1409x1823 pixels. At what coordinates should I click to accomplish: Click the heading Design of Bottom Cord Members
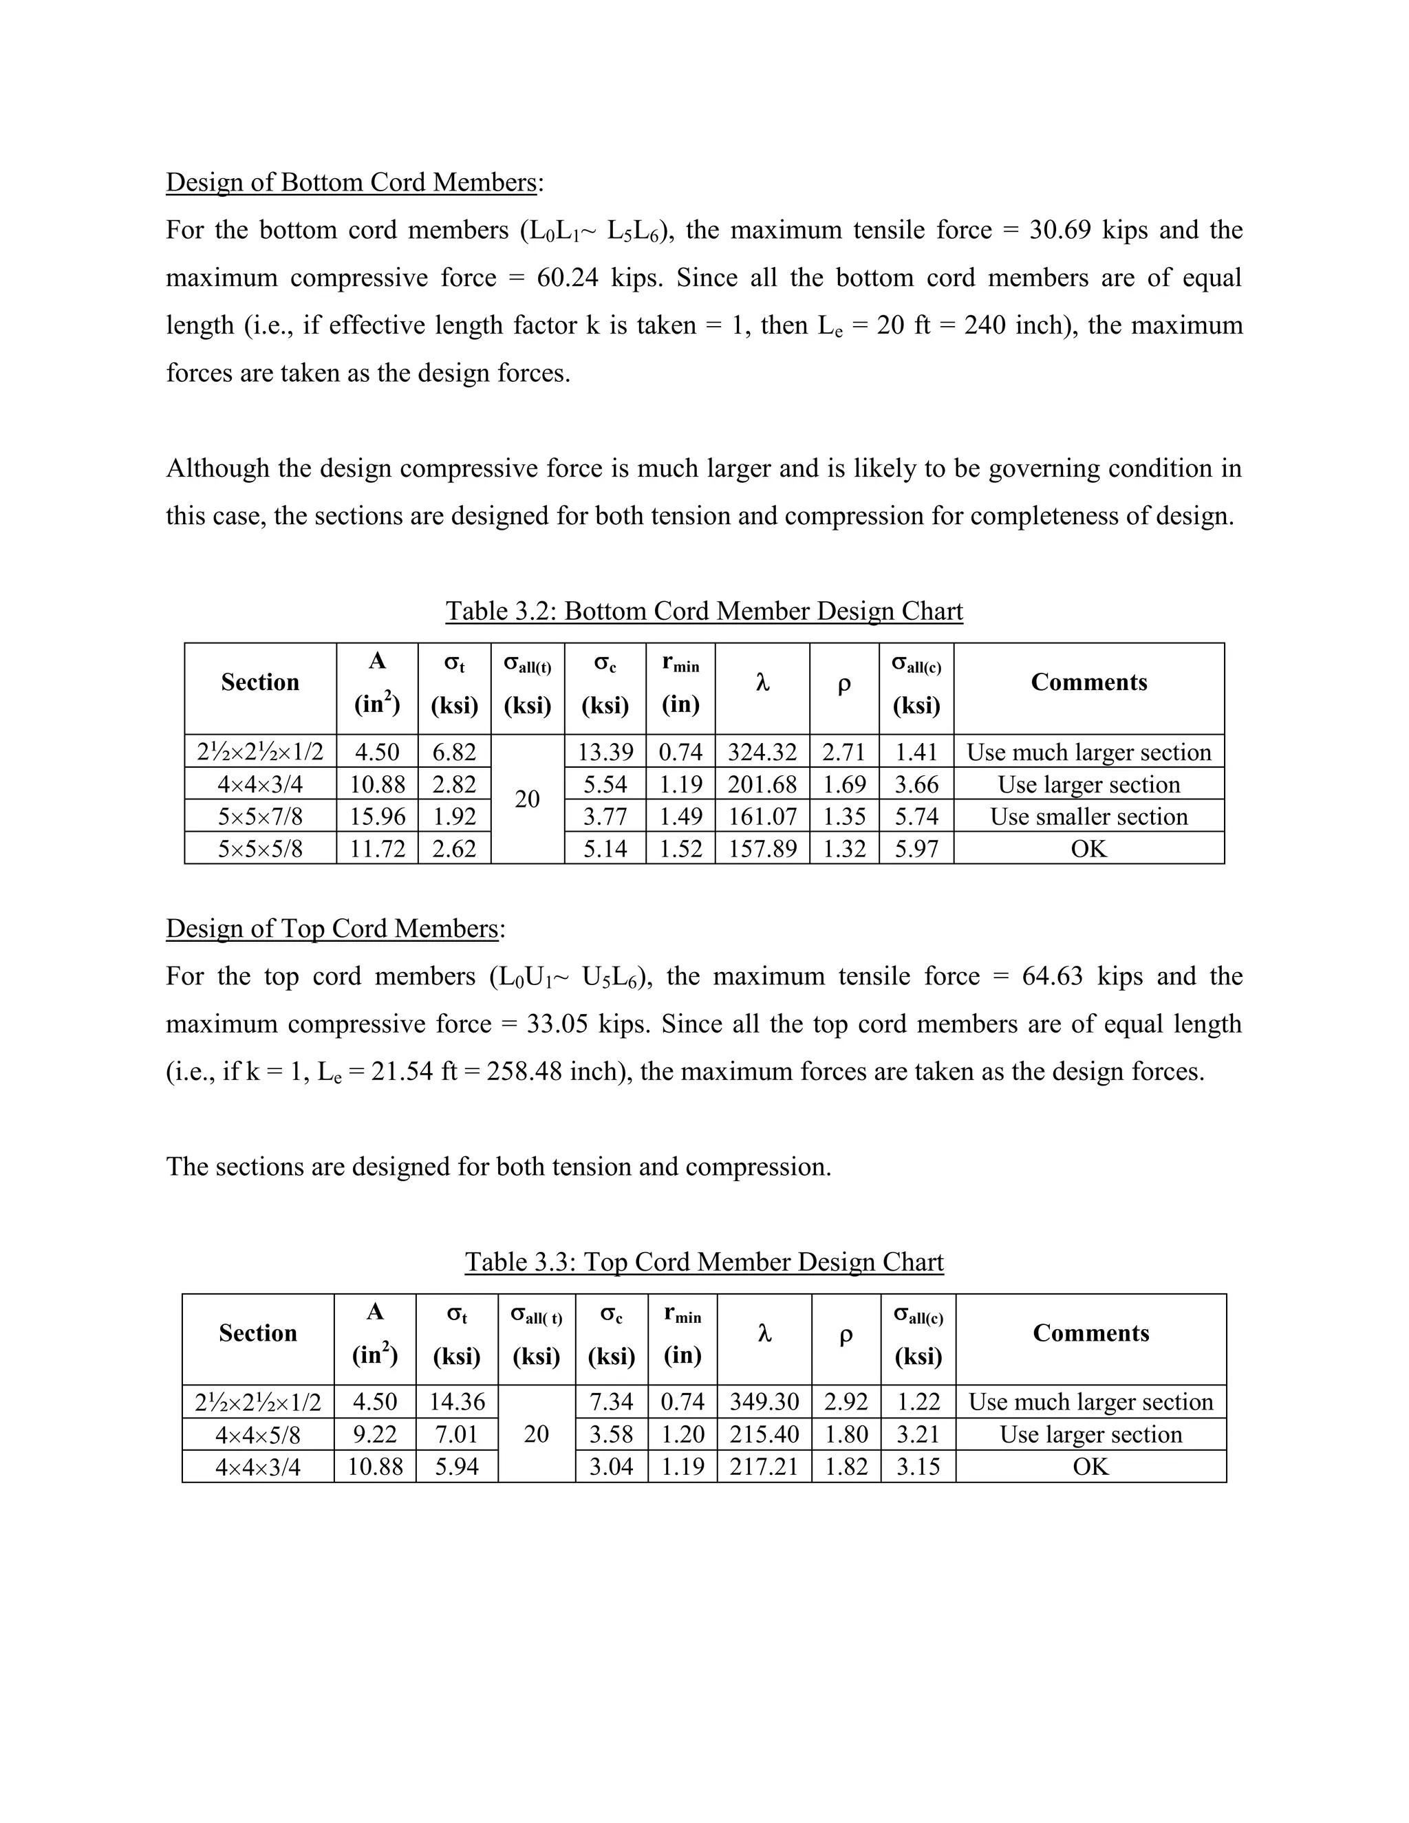click(351, 182)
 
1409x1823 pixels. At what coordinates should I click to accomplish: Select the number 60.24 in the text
click(568, 277)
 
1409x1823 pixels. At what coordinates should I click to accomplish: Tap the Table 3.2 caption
click(704, 611)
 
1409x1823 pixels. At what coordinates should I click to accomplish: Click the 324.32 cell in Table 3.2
click(762, 752)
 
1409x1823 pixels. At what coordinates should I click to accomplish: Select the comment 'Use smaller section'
click(1088, 817)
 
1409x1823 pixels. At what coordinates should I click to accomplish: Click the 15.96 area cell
click(377, 817)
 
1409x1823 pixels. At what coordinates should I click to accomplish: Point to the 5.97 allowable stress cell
click(916, 849)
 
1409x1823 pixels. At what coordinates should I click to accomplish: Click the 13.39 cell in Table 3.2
click(605, 752)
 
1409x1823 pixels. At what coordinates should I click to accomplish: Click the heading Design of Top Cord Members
click(332, 928)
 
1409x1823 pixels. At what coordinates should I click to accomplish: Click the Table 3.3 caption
click(704, 1262)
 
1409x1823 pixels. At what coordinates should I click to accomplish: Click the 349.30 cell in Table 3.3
click(764, 1401)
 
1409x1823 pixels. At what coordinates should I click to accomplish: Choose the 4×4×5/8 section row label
click(258, 1435)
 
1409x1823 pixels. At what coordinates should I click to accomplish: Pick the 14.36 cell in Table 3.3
click(457, 1401)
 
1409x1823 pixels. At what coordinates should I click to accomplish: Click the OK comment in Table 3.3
click(1090, 1467)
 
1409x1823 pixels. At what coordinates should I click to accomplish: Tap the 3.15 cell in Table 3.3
click(918, 1467)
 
